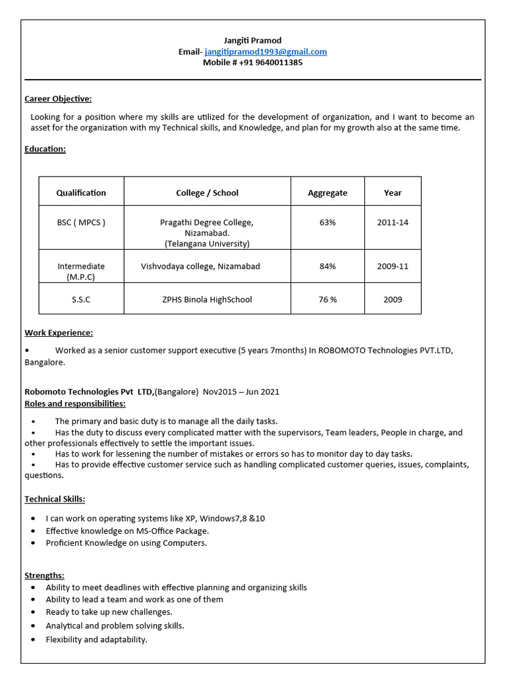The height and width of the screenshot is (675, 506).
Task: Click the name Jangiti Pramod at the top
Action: click(x=252, y=40)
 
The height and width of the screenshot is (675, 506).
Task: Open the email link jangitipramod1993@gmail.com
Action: click(x=266, y=51)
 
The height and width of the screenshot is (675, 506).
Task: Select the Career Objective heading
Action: click(x=58, y=99)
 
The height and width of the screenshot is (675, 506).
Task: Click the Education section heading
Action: click(x=45, y=149)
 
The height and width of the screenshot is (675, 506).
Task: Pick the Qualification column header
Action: click(x=81, y=192)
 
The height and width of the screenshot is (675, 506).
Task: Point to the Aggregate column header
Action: click(x=327, y=192)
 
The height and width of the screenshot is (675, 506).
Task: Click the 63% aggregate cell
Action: click(x=327, y=222)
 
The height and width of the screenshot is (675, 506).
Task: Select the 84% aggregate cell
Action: click(x=327, y=266)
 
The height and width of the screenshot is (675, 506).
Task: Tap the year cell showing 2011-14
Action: click(x=393, y=222)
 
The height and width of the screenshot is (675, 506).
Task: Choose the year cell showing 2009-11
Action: click(x=393, y=266)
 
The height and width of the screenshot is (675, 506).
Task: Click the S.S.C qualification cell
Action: click(x=81, y=299)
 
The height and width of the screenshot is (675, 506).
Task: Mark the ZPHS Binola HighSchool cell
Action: click(x=207, y=299)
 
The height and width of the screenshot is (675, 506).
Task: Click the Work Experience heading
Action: click(x=59, y=333)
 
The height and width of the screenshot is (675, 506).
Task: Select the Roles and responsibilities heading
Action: click(x=74, y=403)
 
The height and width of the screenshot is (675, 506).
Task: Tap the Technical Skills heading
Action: click(x=55, y=499)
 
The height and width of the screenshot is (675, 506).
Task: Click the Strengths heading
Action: click(x=44, y=575)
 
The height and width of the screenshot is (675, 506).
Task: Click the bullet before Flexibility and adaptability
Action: click(x=33, y=640)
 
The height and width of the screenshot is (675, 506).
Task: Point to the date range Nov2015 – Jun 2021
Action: click(x=240, y=392)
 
